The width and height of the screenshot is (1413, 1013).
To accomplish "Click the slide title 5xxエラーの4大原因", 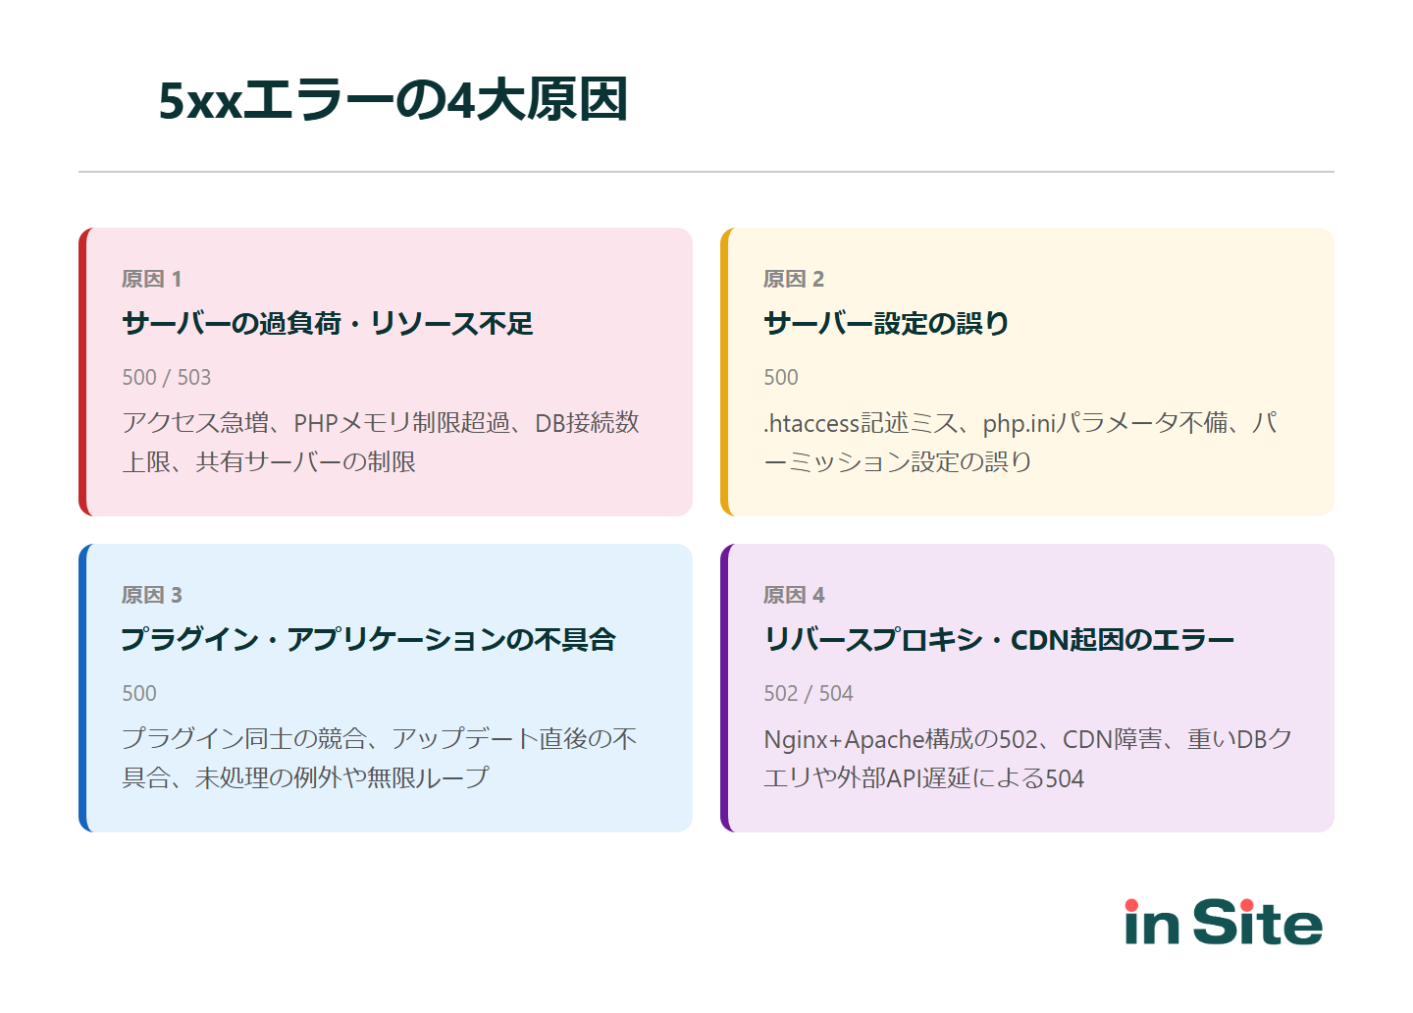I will [x=392, y=100].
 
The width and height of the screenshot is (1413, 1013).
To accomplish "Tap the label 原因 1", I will [x=151, y=280].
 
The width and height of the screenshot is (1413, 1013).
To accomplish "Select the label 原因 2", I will [x=793, y=280].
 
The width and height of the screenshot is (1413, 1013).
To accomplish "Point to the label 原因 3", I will [x=151, y=596].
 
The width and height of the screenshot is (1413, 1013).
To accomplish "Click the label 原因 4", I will [x=793, y=596].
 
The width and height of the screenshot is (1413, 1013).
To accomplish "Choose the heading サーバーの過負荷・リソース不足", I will [x=327, y=324].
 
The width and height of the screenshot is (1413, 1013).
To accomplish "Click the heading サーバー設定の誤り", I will [x=886, y=324].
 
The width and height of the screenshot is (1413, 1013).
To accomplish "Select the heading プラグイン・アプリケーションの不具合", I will [x=368, y=640].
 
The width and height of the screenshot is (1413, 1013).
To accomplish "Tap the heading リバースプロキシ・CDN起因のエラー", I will [x=998, y=640].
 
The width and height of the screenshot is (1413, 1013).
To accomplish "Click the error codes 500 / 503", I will [x=166, y=378].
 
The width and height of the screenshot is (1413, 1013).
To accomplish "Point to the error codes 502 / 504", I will [x=808, y=694].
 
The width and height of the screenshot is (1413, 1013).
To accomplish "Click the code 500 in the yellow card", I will [x=780, y=378].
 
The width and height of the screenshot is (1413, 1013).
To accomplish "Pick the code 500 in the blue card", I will [x=138, y=694].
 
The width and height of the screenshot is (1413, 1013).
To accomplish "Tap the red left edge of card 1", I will [x=83, y=372].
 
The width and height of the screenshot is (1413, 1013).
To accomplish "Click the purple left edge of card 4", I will [x=725, y=688].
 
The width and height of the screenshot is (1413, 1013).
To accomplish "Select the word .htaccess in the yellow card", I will [x=811, y=424].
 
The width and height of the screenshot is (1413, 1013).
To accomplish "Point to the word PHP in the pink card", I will [x=315, y=424].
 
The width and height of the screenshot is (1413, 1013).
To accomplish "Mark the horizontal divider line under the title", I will [x=706, y=172].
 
